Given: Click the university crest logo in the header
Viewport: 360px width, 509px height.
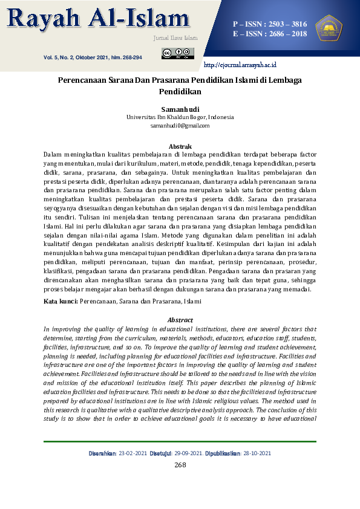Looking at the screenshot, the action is point(329,28).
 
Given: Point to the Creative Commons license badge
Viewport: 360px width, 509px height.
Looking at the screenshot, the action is point(178,54).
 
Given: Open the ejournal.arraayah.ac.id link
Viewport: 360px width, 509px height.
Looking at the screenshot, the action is point(240,65).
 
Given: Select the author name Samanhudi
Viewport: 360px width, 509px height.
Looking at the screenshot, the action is point(180,109).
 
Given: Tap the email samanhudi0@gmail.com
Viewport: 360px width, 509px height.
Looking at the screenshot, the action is point(180,126).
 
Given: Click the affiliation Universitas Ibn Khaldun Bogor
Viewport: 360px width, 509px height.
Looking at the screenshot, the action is point(180,117).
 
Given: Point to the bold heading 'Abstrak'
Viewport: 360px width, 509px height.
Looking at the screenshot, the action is point(180,146).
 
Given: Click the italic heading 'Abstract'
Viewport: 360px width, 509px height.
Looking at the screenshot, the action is point(180,320).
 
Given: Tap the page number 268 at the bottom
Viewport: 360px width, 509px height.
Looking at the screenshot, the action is point(180,465).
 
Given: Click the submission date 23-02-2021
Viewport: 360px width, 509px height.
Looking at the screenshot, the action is point(133,453).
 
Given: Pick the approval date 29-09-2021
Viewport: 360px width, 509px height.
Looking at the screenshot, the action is point(188,453).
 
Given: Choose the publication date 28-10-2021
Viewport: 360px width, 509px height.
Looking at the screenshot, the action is point(257,453).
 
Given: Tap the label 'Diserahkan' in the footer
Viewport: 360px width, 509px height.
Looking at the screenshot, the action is point(102,453).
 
